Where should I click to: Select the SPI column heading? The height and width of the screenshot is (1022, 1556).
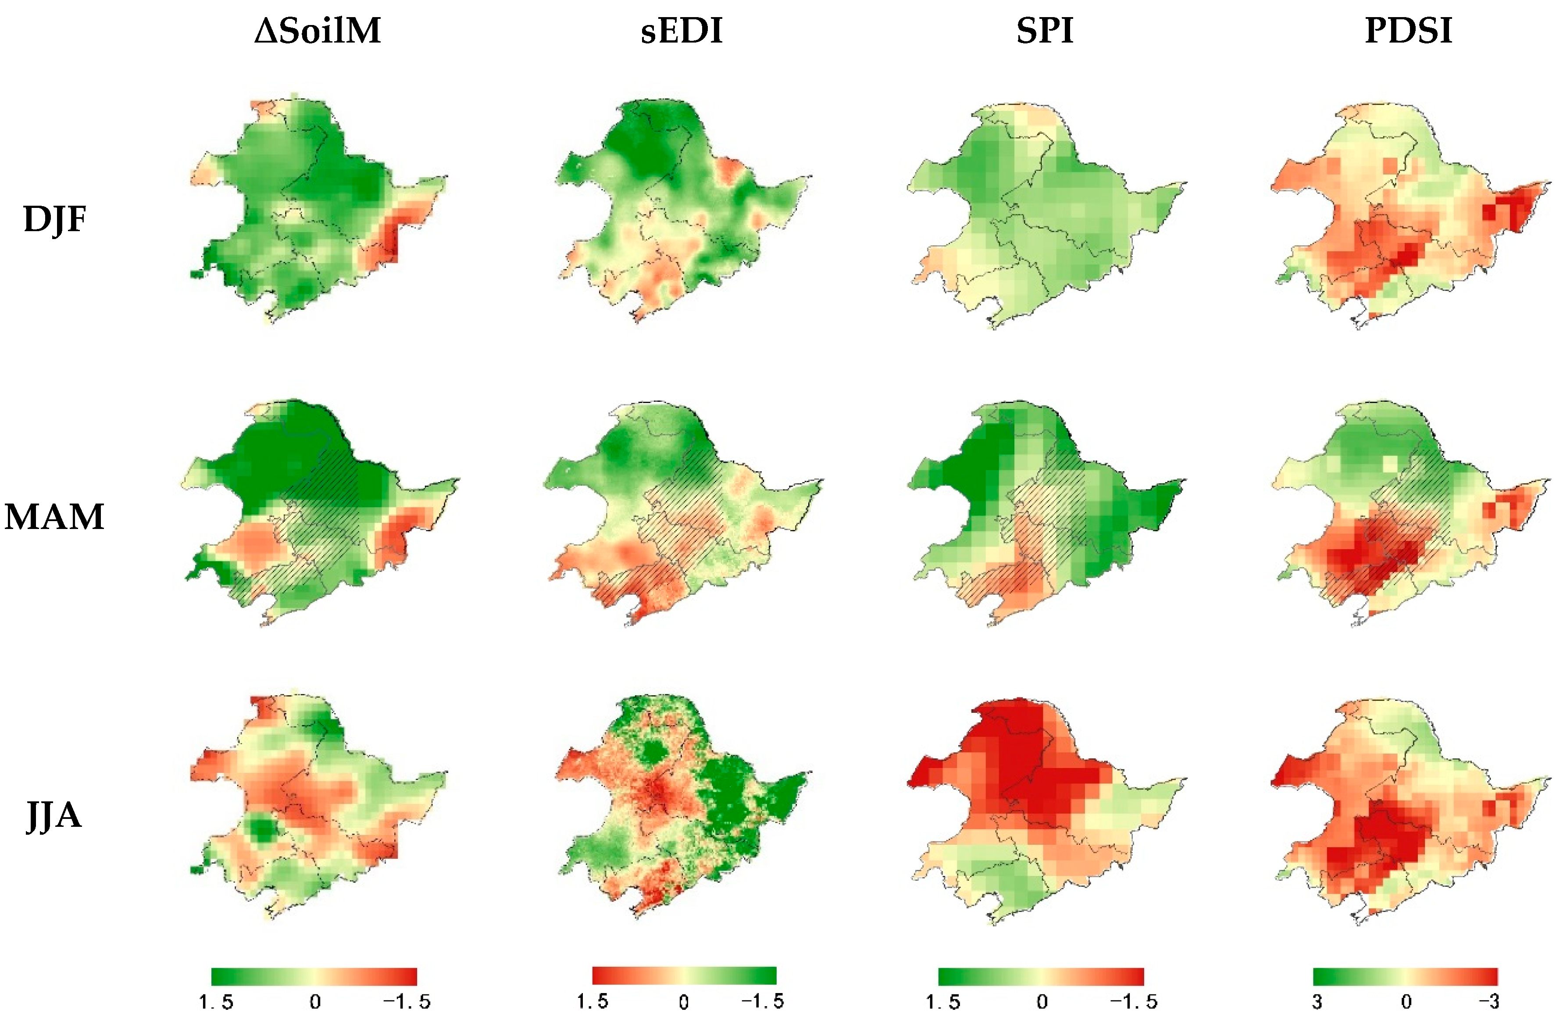[1044, 31]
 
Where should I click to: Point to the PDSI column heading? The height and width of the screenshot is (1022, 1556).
[1408, 31]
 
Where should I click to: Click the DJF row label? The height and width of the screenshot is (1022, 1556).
[54, 219]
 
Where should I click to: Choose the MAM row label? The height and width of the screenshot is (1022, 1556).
[54, 517]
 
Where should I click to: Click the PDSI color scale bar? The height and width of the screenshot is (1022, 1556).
[1405, 976]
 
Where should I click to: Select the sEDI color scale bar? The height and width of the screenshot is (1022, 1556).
[684, 975]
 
